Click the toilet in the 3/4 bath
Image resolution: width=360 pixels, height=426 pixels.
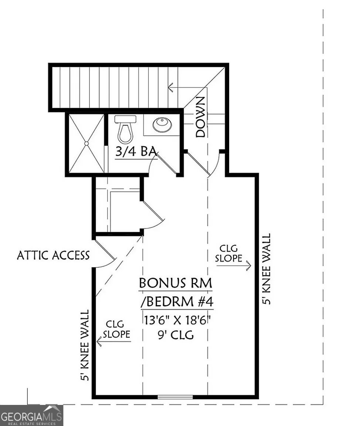tap(125, 130)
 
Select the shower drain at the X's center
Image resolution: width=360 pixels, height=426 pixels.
tap(86, 143)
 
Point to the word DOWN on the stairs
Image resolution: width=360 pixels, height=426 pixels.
tap(201, 117)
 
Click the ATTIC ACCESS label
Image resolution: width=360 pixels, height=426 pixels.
tap(53, 255)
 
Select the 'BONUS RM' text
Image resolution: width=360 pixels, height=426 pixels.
tap(176, 283)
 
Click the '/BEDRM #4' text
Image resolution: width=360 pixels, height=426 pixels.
tap(177, 302)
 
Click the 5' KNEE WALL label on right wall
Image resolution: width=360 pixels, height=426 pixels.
tap(266, 269)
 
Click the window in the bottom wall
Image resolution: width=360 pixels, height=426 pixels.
tap(175, 397)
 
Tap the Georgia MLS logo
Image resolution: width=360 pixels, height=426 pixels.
tap(31, 415)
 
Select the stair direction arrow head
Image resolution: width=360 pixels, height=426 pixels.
tap(170, 88)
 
